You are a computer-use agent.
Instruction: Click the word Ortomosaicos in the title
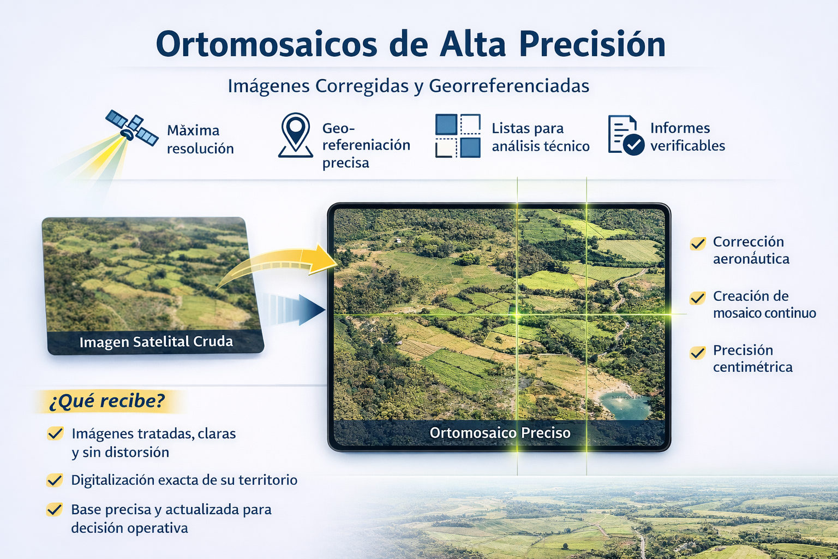(x=266, y=44)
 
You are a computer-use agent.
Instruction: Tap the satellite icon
(x=131, y=128)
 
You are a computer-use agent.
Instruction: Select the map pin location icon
(x=295, y=135)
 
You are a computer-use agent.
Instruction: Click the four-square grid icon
(x=458, y=136)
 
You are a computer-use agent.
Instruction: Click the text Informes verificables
(x=687, y=137)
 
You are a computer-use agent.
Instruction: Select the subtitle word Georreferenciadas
(x=508, y=86)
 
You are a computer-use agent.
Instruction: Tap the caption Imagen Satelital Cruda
(x=156, y=342)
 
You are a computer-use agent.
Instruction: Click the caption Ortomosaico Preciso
(x=500, y=433)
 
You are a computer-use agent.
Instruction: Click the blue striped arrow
(x=295, y=310)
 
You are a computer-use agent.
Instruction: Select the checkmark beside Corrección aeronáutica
(x=698, y=243)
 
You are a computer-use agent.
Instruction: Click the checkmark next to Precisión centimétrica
(x=698, y=353)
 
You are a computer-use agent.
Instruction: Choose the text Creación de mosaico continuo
(x=764, y=304)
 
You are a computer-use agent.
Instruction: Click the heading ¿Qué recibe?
(x=107, y=401)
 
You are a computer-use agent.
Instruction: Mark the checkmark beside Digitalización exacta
(x=55, y=480)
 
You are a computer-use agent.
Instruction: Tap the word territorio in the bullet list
(x=267, y=480)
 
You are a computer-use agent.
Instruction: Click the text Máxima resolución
(x=200, y=139)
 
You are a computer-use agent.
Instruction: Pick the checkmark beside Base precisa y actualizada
(x=55, y=510)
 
